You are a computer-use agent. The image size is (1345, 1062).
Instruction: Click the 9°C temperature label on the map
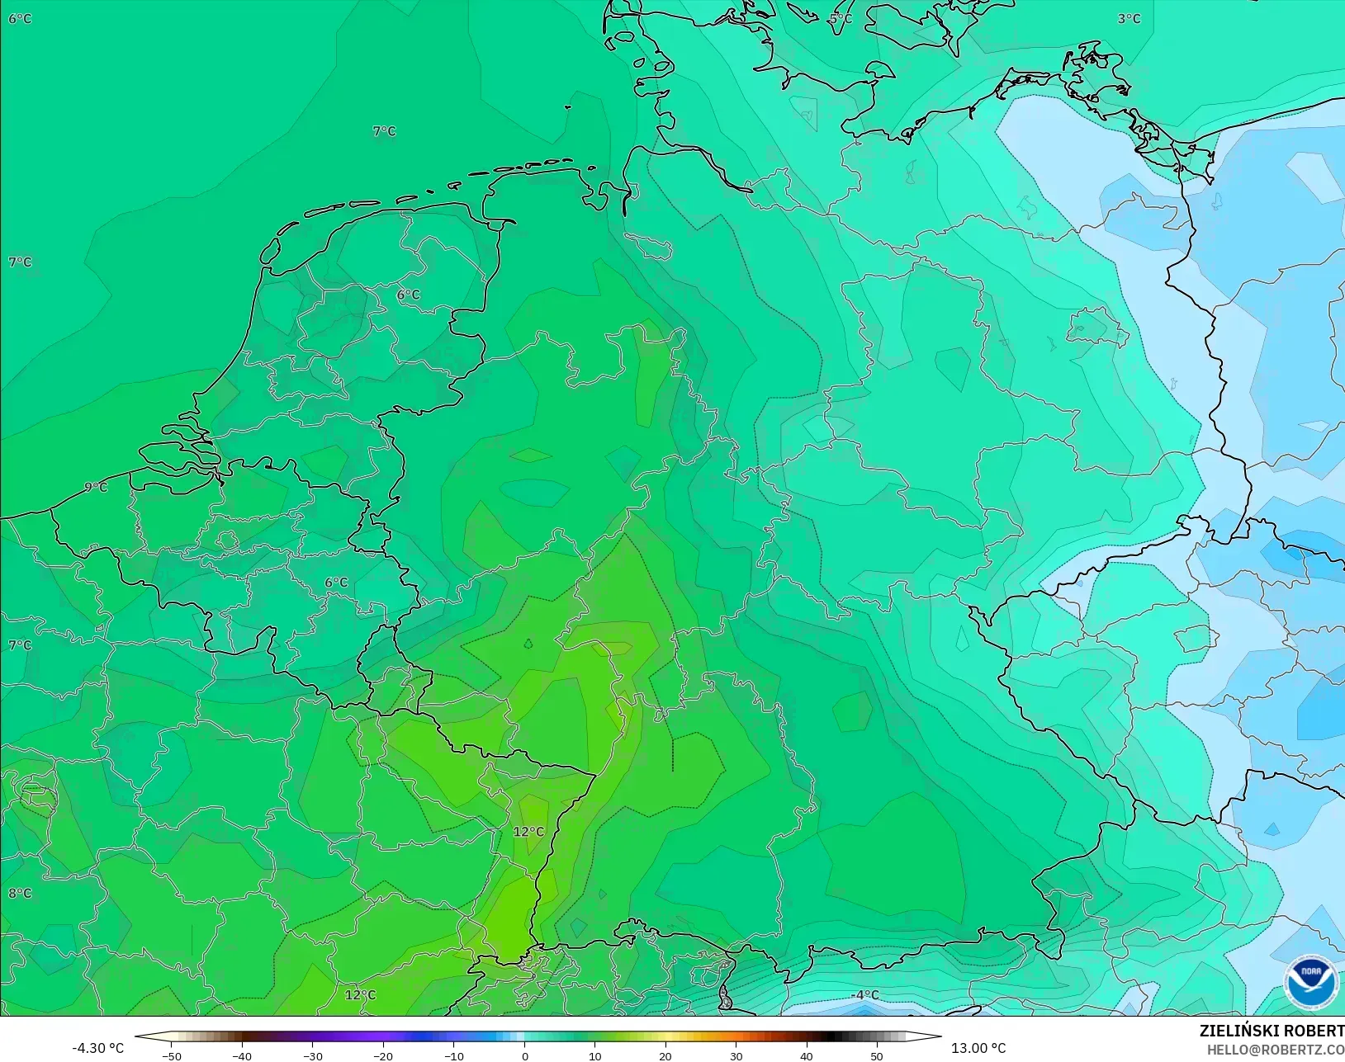97,487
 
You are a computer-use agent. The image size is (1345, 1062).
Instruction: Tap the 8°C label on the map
20,893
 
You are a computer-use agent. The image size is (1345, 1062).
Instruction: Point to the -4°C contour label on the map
865,995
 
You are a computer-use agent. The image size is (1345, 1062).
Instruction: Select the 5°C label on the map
841,18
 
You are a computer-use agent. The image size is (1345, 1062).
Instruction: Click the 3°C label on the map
1129,18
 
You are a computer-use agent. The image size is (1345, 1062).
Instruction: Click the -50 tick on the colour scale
172,1055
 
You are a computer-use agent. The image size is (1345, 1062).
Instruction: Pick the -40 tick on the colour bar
242,1055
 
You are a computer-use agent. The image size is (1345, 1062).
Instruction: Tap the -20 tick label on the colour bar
383,1055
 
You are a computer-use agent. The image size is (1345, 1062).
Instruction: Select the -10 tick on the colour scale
454,1055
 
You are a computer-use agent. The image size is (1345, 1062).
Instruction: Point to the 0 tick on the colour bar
525,1055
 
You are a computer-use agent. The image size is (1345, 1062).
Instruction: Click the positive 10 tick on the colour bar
595,1055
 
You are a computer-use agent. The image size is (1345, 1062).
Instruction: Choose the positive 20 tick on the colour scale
665,1055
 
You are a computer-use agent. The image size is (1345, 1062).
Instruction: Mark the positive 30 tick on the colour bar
736,1055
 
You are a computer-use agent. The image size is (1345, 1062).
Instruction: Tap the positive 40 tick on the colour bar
807,1055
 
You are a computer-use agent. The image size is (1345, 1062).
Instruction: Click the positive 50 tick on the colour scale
877,1055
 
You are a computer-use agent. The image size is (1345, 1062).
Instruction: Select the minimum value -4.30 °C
97,1048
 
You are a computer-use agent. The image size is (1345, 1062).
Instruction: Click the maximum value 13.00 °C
978,1048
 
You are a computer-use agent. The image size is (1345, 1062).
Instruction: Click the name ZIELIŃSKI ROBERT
1272,1031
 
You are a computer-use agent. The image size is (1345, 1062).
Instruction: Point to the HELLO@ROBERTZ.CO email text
1276,1050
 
